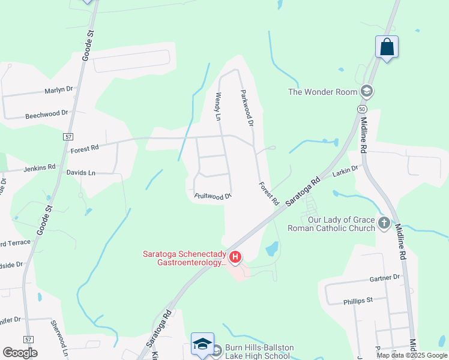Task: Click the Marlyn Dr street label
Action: (x=58, y=90)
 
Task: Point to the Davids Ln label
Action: (x=80, y=173)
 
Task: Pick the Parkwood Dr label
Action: (x=247, y=108)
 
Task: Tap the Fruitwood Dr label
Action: (x=212, y=196)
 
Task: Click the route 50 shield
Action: (x=361, y=109)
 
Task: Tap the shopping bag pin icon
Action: (x=387, y=46)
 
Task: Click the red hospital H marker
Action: (x=236, y=258)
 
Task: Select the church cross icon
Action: (x=384, y=224)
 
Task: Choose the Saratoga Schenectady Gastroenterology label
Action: (x=184, y=258)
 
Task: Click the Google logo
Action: (x=20, y=353)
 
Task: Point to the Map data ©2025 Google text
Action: (x=411, y=355)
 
